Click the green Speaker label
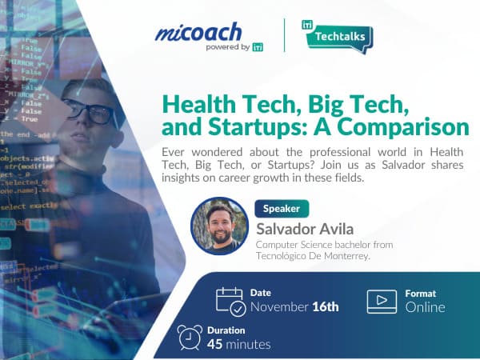(x=282, y=208)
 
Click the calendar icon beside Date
(x=230, y=300)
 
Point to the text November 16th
(x=294, y=306)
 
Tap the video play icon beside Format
(x=382, y=300)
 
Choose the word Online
(x=425, y=306)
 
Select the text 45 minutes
(x=238, y=345)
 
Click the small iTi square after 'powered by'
(x=257, y=46)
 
